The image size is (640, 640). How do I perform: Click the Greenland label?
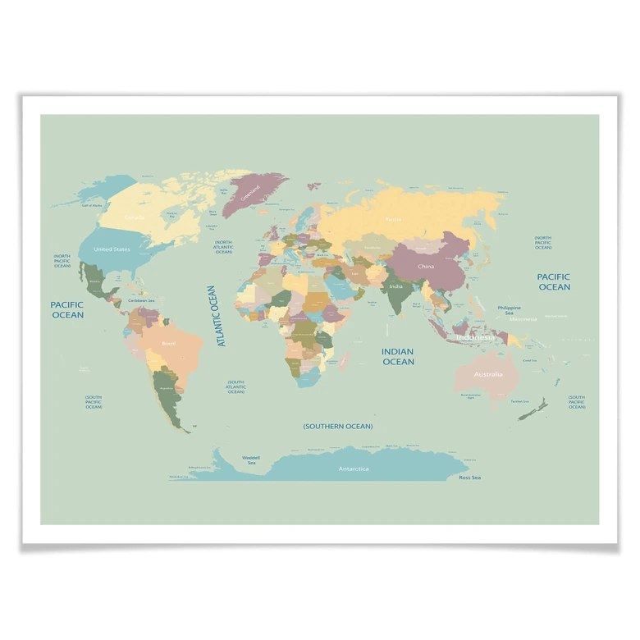pos(251,192)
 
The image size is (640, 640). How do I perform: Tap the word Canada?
pos(134,217)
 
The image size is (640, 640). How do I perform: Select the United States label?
pos(112,249)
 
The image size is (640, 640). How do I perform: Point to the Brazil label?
pos(168,343)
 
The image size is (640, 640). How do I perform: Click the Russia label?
pos(393,219)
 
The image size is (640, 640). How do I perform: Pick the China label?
pos(426,266)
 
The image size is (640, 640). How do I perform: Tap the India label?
pos(395,286)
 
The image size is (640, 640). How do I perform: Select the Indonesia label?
pos(475,337)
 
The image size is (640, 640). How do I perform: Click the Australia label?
pos(488,374)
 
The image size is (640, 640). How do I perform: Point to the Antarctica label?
pos(354,469)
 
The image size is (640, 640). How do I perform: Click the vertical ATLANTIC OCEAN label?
pos(216,316)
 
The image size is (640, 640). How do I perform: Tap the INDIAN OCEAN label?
pos(398,356)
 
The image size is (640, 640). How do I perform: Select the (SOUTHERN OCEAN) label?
pos(337,426)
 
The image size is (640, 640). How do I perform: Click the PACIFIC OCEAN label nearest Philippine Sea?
pos(554,281)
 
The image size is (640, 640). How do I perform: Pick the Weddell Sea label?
pos(251,459)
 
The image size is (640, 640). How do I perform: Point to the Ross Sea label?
pos(469,477)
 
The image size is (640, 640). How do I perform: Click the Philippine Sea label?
pos(509,310)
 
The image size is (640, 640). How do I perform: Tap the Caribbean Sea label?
pos(141,300)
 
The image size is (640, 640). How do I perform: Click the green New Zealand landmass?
pos(533,409)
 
